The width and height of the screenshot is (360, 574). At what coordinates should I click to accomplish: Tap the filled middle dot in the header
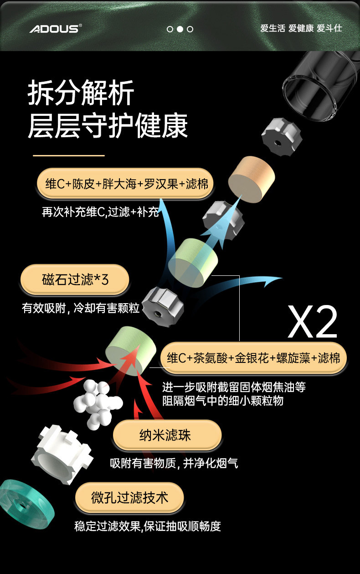point(180,29)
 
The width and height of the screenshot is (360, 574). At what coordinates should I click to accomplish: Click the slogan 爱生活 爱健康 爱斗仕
point(301,29)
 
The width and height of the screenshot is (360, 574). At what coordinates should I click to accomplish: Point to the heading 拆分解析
point(81,93)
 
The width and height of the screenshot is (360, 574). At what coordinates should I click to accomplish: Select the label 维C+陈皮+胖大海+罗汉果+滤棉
point(125,184)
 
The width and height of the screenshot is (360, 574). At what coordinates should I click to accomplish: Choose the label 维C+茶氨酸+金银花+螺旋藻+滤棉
point(253,357)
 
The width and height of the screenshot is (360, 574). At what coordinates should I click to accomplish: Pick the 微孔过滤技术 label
point(129,497)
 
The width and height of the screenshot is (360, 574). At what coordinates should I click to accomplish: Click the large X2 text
point(312,322)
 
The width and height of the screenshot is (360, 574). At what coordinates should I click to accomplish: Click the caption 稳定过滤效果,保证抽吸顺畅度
point(148,526)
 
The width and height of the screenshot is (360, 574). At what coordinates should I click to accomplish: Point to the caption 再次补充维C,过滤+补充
point(100,212)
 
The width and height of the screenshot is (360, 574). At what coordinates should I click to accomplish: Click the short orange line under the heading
point(69,155)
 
